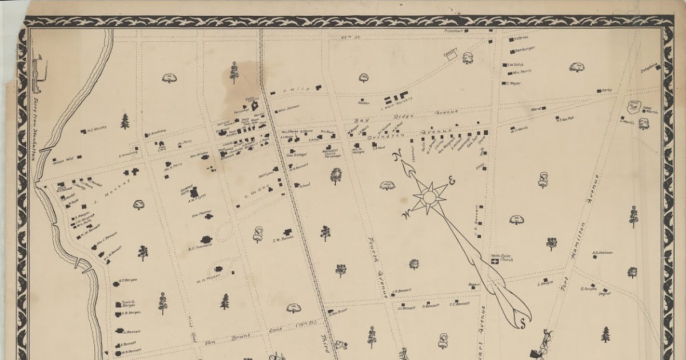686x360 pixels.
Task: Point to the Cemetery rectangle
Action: coord(452,57)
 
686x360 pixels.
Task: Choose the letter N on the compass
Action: coord(397,156)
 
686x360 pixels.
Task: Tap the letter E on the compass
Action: coord(452,182)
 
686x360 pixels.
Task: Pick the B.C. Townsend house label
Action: coord(200,246)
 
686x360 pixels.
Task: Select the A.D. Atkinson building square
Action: coord(595,257)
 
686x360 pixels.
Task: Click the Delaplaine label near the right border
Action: coord(648,67)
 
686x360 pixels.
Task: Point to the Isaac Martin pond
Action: coord(633,106)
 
